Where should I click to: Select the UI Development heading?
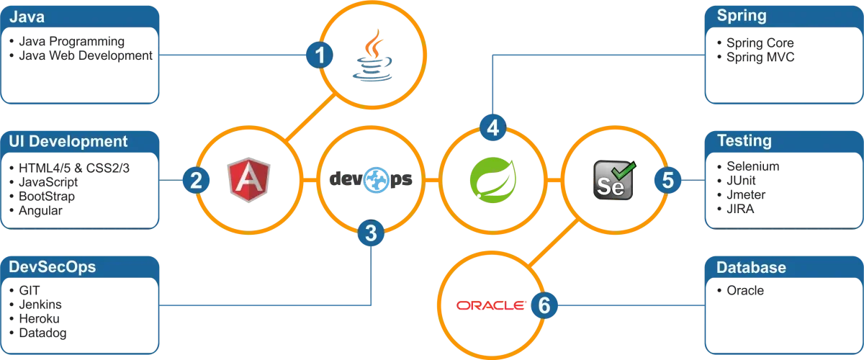pyautogui.click(x=68, y=141)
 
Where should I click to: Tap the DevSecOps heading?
pyautogui.click(x=52, y=267)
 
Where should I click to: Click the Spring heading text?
pyautogui.click(x=742, y=15)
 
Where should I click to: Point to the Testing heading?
pyautogui.click(x=744, y=141)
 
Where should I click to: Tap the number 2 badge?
pyautogui.click(x=195, y=180)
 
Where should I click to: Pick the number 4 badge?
pyautogui.click(x=492, y=128)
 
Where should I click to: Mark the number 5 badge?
pyautogui.click(x=667, y=180)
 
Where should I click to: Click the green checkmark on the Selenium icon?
pyautogui.click(x=625, y=170)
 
